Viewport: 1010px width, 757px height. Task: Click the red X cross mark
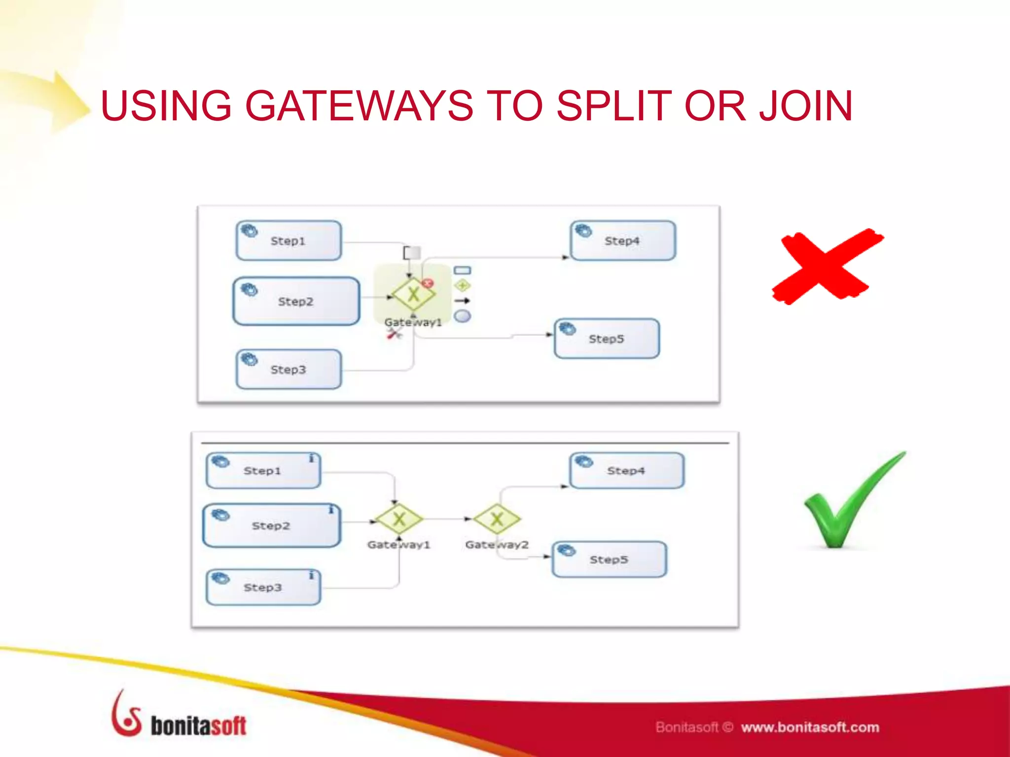tap(828, 267)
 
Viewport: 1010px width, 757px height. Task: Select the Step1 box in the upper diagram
tap(289, 241)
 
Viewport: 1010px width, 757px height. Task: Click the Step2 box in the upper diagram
tap(296, 301)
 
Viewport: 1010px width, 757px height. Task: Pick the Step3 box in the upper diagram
tap(289, 369)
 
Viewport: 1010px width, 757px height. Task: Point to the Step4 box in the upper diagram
tap(622, 241)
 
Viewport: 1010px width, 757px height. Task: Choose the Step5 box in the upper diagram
tap(607, 339)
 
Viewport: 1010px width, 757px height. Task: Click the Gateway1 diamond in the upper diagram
tap(413, 294)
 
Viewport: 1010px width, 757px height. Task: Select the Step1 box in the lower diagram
tap(263, 471)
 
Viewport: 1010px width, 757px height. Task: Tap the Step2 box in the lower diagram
tap(271, 525)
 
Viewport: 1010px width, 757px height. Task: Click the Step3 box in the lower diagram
tap(263, 587)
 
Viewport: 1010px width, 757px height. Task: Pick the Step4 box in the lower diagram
tap(626, 471)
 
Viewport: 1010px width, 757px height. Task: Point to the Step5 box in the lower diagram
tap(609, 559)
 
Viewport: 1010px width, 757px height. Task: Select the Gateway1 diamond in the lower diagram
tap(399, 518)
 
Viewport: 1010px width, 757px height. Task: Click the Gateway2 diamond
tap(497, 518)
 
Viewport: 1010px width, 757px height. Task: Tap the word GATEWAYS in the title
tap(359, 106)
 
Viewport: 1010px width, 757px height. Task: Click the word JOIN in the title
tap(806, 106)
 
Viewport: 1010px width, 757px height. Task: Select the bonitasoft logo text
tap(198, 726)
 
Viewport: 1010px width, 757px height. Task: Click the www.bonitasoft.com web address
tap(810, 727)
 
